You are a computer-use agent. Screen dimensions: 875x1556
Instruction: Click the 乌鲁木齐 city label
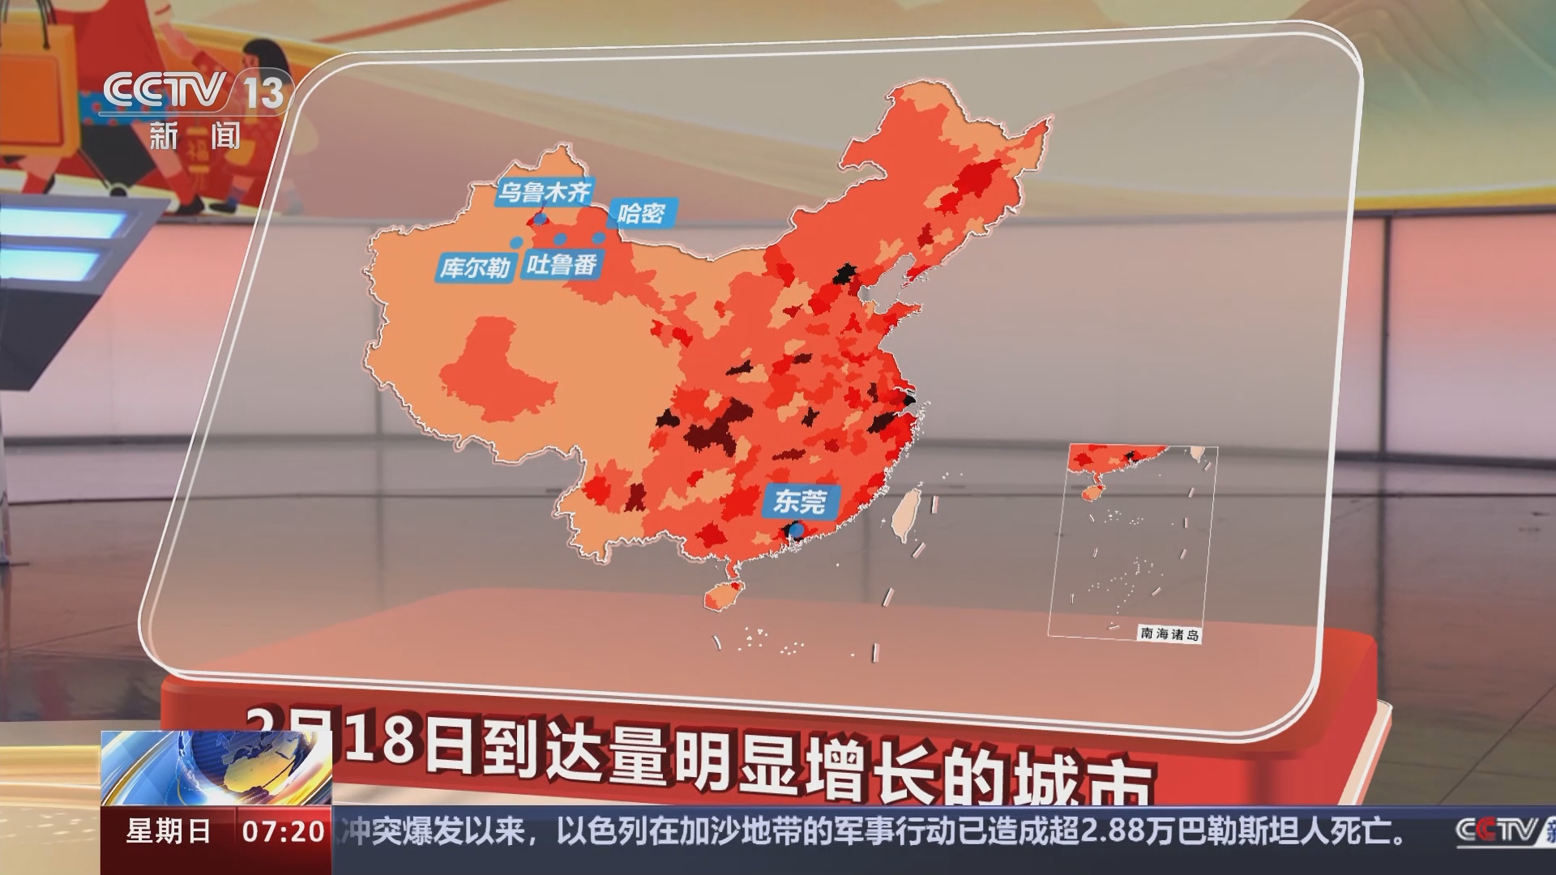point(544,192)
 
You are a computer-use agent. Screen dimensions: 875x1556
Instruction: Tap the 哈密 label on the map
point(641,213)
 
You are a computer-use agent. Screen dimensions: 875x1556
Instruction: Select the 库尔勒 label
point(475,267)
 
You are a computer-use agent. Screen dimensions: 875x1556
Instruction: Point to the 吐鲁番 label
point(562,264)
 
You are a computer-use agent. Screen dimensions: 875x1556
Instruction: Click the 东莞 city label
point(800,502)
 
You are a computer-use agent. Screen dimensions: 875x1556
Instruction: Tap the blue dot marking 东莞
point(797,531)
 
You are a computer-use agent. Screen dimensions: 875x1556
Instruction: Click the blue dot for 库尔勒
point(516,242)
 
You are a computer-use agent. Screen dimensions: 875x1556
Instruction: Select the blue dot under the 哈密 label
point(599,238)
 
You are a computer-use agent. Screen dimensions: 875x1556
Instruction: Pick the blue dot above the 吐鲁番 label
point(559,239)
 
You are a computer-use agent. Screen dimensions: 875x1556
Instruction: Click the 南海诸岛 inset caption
point(1169,634)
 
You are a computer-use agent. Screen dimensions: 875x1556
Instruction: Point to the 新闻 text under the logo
point(194,135)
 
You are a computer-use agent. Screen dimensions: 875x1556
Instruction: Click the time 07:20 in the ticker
point(284,831)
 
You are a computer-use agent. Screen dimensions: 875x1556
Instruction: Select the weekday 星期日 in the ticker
point(169,831)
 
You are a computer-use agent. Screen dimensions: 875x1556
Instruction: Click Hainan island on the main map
point(721,597)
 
